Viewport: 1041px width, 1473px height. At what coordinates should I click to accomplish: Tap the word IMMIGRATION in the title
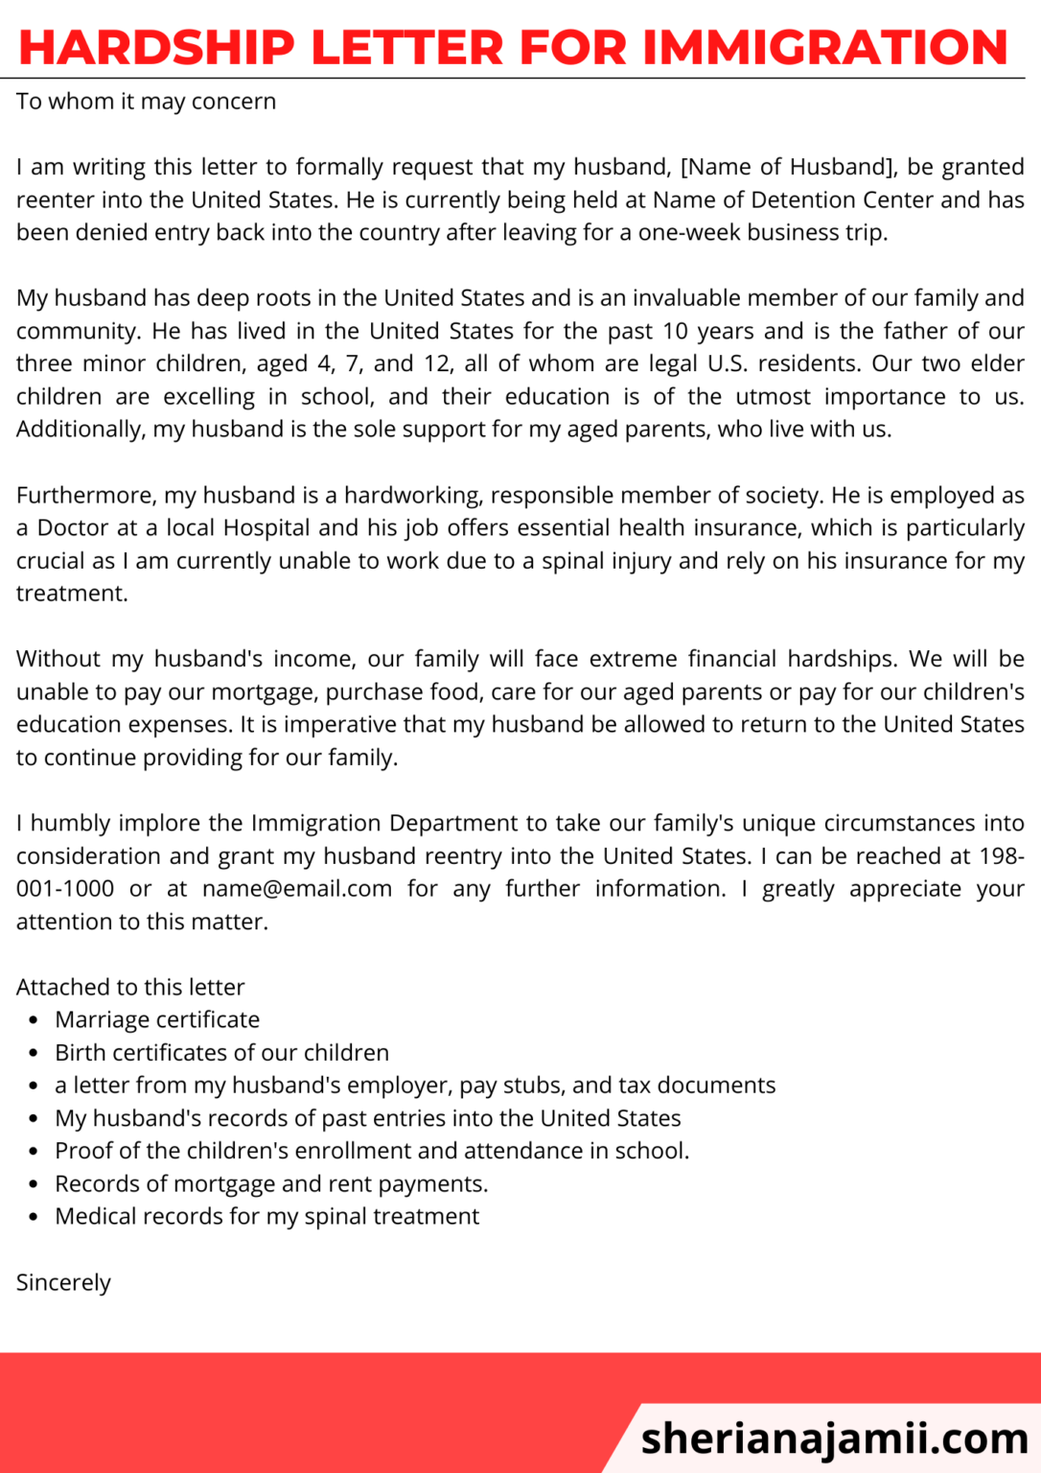coord(824,47)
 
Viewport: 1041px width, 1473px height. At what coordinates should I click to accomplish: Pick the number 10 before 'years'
coord(675,331)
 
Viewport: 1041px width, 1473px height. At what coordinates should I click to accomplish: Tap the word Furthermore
coord(86,495)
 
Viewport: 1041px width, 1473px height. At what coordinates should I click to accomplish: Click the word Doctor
coord(74,527)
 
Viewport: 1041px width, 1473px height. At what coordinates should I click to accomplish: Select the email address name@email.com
coord(297,888)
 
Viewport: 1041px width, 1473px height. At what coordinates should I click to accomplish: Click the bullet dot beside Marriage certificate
coord(35,1020)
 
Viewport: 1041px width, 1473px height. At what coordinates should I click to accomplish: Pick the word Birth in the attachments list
coord(80,1052)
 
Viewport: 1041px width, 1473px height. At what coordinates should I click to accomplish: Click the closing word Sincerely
coord(63,1282)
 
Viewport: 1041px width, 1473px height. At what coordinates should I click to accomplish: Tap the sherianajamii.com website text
coord(834,1438)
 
